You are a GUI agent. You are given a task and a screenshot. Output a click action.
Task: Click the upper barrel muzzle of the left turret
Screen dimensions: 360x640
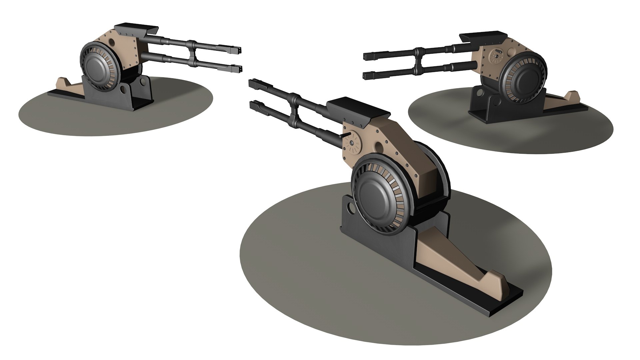click(x=237, y=51)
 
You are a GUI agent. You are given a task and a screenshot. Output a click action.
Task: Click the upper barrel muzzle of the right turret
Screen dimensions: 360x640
click(x=368, y=56)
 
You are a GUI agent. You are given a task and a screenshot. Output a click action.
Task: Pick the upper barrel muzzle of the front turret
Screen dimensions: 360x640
click(x=253, y=82)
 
